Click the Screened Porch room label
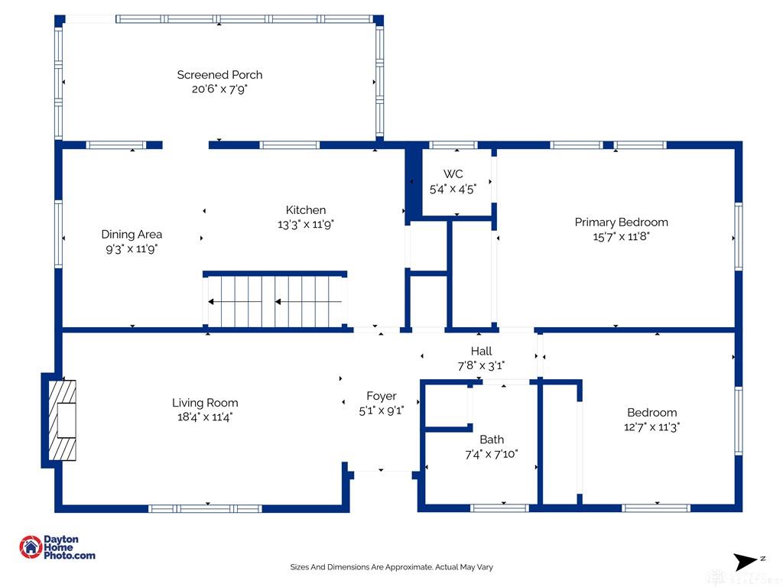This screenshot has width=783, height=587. pyautogui.click(x=219, y=75)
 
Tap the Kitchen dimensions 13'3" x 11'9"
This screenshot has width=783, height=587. pyautogui.click(x=306, y=225)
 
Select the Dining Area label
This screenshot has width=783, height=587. pyautogui.click(x=132, y=234)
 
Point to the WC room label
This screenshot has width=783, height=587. pyautogui.click(x=453, y=174)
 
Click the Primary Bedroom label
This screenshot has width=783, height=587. pyautogui.click(x=621, y=222)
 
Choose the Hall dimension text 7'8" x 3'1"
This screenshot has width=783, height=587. pyautogui.click(x=481, y=366)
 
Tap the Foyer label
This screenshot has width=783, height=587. pyautogui.click(x=382, y=396)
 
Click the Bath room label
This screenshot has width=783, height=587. pyautogui.click(x=492, y=439)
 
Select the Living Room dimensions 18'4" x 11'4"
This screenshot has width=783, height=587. pyautogui.click(x=205, y=417)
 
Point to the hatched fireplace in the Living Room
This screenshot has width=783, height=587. pyautogui.click(x=63, y=420)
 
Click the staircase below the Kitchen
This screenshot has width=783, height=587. pyautogui.click(x=275, y=302)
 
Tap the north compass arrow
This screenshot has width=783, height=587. pyautogui.click(x=745, y=562)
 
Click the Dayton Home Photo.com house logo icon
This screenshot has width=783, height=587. pyautogui.click(x=31, y=547)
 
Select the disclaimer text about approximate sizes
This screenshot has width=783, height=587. pyautogui.click(x=391, y=567)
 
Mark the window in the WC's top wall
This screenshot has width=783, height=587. pyautogui.click(x=453, y=145)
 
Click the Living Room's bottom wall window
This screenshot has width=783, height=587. pyautogui.click(x=205, y=508)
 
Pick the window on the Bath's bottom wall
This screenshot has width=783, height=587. pyautogui.click(x=499, y=508)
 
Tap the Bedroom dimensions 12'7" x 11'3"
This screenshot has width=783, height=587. pyautogui.click(x=652, y=427)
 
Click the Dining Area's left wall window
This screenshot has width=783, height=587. pyautogui.click(x=58, y=234)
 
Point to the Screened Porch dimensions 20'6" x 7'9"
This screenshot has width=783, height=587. pyautogui.click(x=219, y=89)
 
